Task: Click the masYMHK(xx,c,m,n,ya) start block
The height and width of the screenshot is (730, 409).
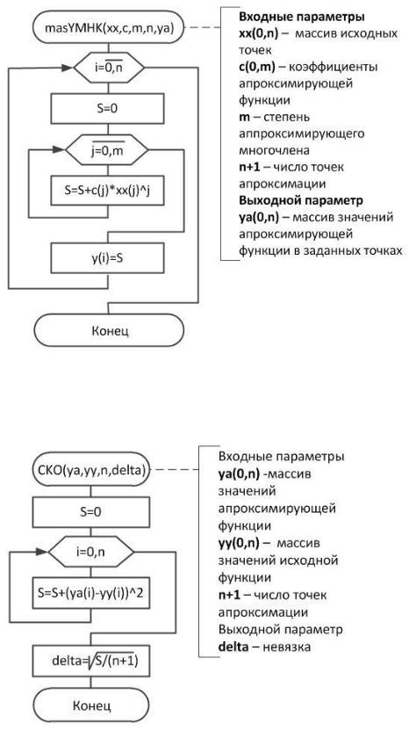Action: (x=109, y=27)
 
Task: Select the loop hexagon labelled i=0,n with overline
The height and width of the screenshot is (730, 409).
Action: (x=109, y=69)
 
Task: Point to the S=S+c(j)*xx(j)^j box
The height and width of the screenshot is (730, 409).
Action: (x=107, y=191)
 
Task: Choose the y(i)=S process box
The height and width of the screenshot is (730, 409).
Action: (x=108, y=258)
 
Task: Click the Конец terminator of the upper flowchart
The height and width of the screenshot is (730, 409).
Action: (x=110, y=330)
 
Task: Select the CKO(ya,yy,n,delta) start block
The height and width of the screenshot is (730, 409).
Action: (x=91, y=469)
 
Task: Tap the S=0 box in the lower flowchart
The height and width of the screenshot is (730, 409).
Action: (x=90, y=511)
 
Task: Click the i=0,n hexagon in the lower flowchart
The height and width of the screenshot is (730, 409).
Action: (x=91, y=552)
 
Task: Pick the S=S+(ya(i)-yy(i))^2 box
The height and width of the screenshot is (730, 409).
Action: (x=90, y=593)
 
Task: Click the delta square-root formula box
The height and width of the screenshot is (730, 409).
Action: (x=90, y=660)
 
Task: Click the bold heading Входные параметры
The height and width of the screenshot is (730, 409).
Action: (x=302, y=18)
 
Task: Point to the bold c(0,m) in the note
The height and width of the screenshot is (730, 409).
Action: (x=257, y=67)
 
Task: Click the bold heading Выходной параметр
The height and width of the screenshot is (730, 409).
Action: (x=300, y=200)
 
